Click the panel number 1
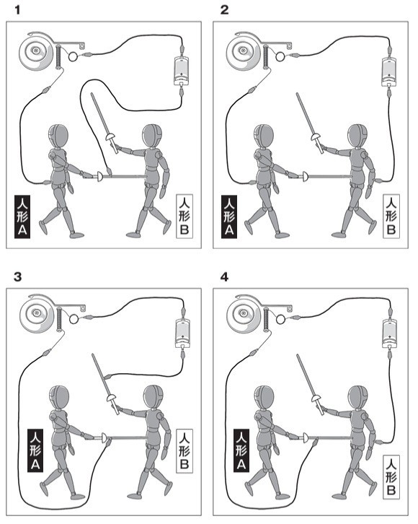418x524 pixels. point(18,10)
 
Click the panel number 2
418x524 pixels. point(225,10)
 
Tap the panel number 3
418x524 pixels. point(18,276)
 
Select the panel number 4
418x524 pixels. point(225,276)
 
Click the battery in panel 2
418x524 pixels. point(388,71)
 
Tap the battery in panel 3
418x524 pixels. point(182,333)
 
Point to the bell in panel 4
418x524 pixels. point(243,314)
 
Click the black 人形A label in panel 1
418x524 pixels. point(22,217)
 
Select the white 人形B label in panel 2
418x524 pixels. point(391,217)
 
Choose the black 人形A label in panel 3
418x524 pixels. point(36,450)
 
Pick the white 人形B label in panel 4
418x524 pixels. point(391,476)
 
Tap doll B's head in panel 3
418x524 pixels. point(153,396)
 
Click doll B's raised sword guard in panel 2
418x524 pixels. point(315,136)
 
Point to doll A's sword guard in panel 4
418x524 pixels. point(306,437)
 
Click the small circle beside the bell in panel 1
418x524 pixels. point(73,57)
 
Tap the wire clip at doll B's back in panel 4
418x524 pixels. point(378,442)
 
